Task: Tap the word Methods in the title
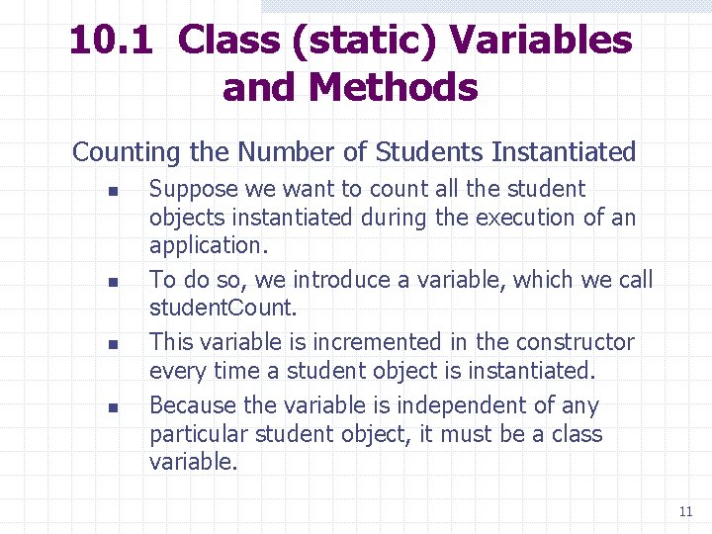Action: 394,87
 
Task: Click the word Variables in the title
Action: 541,41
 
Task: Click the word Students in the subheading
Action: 429,152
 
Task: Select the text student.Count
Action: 222,308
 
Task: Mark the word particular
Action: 201,434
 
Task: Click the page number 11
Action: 685,511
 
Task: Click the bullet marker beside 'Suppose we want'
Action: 113,190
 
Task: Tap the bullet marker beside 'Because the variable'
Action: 113,406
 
